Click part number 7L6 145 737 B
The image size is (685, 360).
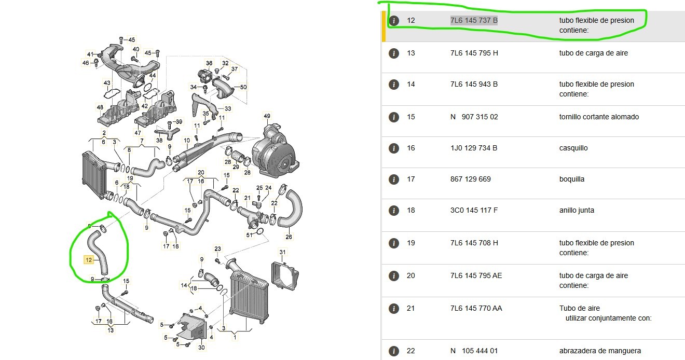[473, 21]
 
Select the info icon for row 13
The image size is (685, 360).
[394, 53]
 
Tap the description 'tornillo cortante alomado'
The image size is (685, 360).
[599, 117]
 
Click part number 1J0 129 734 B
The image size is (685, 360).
[474, 148]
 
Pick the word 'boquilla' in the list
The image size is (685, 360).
[572, 179]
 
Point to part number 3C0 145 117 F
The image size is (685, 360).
[474, 210]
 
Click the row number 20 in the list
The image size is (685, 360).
[411, 275]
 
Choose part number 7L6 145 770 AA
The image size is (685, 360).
[476, 308]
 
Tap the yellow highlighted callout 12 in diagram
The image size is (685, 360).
[89, 259]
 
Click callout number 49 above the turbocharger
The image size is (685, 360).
[267, 115]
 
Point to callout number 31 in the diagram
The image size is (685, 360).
[283, 252]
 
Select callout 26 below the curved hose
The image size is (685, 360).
[289, 237]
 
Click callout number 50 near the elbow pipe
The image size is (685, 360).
[243, 87]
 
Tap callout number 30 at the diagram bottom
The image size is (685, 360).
[202, 348]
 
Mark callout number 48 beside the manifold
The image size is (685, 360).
[100, 107]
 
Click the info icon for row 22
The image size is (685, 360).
[394, 351]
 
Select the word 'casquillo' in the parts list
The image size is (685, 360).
[573, 148]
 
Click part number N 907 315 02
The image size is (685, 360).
[474, 117]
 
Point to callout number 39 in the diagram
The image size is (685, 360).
[179, 122]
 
